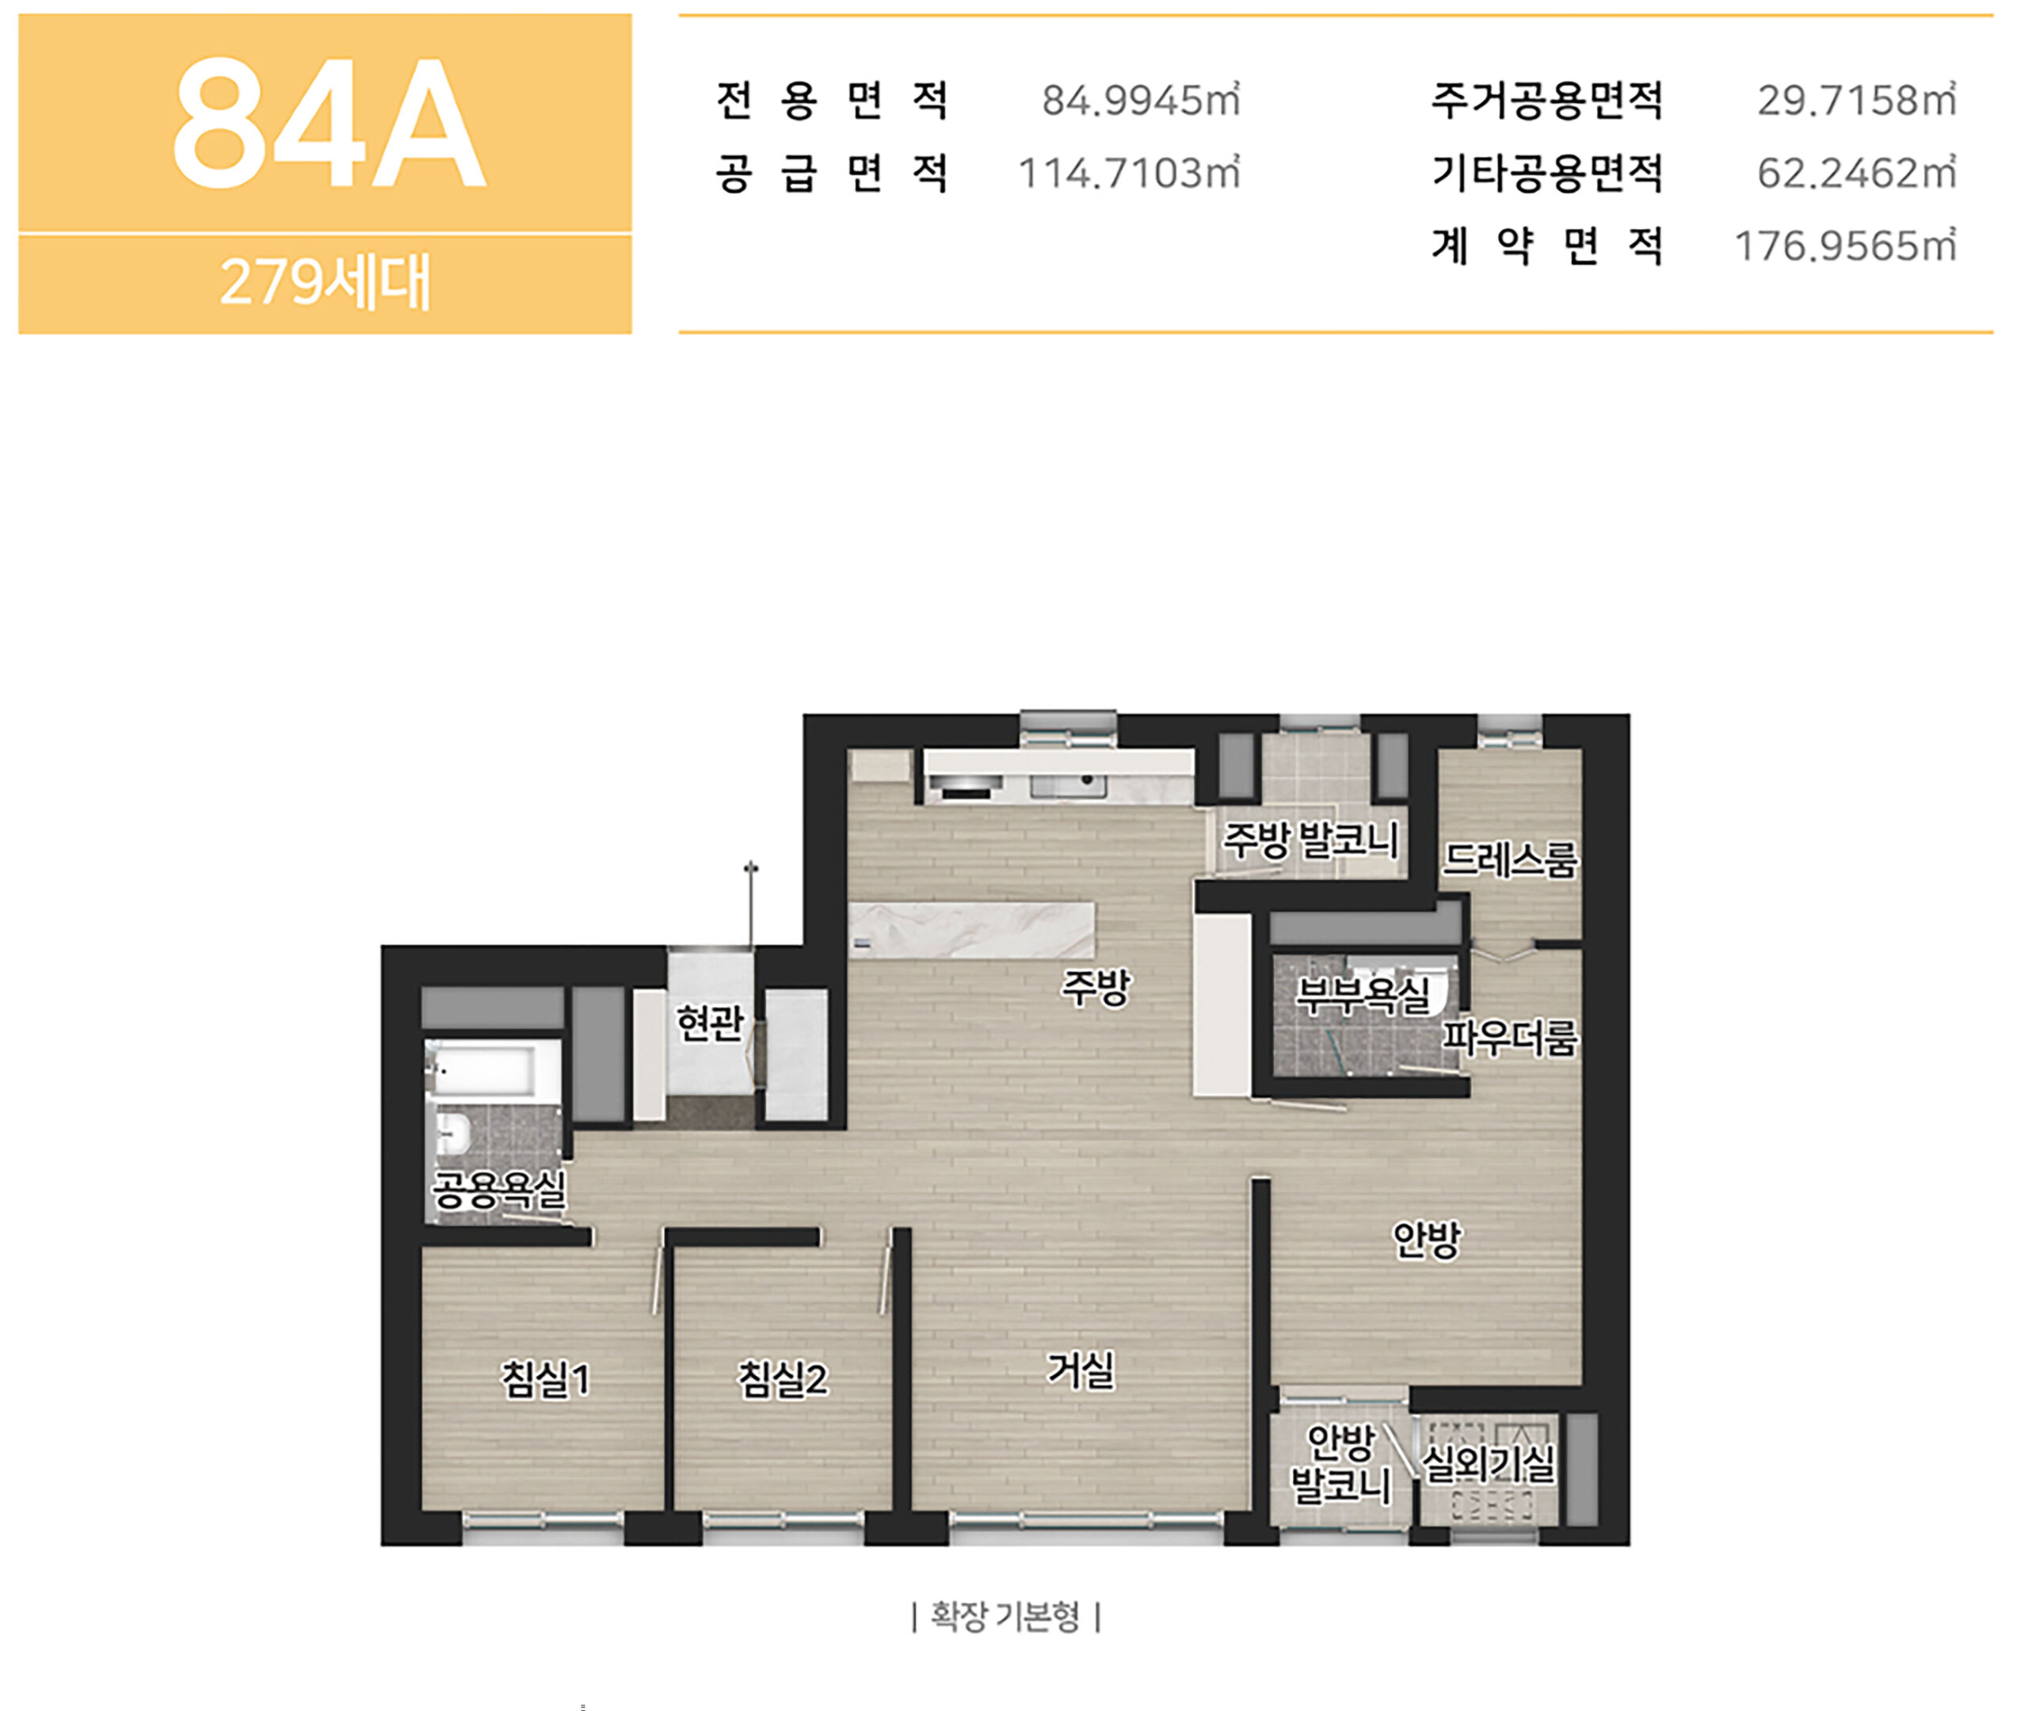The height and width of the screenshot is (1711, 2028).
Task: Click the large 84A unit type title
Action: click(x=328, y=124)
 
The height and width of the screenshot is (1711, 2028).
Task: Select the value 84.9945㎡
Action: click(x=1141, y=100)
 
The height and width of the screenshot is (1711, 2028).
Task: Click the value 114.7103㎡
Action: click(x=1129, y=173)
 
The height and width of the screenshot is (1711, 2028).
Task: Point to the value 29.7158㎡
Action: click(x=1856, y=100)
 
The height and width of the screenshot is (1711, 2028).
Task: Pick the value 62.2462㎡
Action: click(x=1856, y=173)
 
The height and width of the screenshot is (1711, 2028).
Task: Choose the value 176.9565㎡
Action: click(x=1845, y=246)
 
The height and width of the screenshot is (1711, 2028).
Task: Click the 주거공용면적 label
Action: click(x=1547, y=100)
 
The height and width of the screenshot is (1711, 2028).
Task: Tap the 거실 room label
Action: click(x=1081, y=1370)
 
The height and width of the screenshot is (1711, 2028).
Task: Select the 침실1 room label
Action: click(x=544, y=1379)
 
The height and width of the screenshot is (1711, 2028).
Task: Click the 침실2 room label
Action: click(x=783, y=1379)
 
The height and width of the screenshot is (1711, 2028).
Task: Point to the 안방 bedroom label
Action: click(x=1426, y=1239)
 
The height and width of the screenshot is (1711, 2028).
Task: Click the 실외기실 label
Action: click(x=1488, y=1464)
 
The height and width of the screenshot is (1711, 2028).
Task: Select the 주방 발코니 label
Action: click(x=1309, y=840)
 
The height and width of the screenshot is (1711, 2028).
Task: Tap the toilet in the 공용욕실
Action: click(x=452, y=1132)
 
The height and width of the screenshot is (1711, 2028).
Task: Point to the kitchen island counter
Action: click(x=972, y=930)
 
